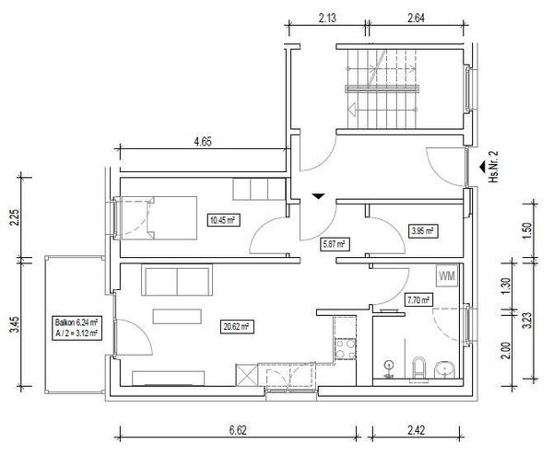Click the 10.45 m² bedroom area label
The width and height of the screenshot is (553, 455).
coord(223,221)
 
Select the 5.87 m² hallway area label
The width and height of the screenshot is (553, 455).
coord(335,244)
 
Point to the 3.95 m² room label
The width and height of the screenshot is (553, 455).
coord(423,231)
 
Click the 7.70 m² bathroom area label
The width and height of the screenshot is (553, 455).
coord(418,300)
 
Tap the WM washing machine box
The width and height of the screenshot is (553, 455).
coord(447,275)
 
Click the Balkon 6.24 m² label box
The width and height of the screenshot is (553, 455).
coord(76,328)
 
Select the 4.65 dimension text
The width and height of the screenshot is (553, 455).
coord(203,142)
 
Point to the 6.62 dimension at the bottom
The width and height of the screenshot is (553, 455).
coord(238,430)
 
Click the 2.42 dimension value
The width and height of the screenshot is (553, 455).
coord(416,430)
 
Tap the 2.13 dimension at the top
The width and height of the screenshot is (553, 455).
coord(327,18)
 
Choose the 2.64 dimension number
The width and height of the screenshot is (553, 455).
coord(417,18)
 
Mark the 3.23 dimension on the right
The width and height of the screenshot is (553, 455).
coord(526,320)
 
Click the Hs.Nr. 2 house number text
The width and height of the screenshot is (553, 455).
coord(493,167)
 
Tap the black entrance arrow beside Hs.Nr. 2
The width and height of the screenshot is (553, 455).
coord(482,167)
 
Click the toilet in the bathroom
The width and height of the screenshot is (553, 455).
coord(419,367)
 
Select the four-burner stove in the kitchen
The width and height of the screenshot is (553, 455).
coord(346,348)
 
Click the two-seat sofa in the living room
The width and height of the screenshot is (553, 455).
coord(177,280)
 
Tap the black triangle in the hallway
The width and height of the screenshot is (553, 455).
coord(318,196)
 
